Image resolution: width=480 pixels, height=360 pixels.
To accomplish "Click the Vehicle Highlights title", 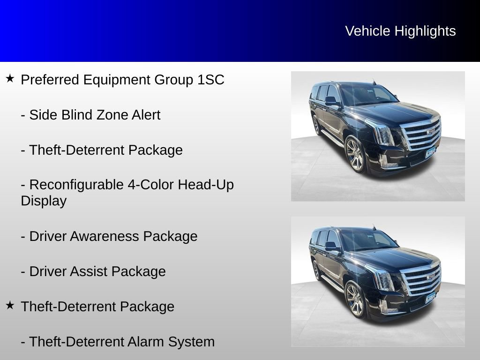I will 400,31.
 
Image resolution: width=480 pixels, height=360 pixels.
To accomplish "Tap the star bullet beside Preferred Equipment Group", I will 10,78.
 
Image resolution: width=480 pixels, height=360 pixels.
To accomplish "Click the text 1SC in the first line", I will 211,80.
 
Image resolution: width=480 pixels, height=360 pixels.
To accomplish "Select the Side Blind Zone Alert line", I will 90,115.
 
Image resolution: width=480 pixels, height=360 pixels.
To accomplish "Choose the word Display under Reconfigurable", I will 44,201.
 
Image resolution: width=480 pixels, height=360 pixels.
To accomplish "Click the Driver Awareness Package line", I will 109,236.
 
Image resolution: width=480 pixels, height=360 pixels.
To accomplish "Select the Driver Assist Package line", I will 93,271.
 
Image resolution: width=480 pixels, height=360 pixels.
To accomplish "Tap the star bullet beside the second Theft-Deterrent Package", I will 10,305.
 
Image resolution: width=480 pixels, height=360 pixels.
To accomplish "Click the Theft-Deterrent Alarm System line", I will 118,342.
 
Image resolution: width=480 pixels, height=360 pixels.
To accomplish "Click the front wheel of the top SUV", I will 355,155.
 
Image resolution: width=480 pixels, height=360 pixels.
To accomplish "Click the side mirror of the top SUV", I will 331,100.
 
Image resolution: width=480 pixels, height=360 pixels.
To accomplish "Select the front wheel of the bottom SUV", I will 355,300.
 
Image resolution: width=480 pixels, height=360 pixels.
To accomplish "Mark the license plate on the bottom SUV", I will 430,299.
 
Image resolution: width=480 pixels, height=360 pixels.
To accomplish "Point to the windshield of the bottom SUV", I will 368,240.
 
